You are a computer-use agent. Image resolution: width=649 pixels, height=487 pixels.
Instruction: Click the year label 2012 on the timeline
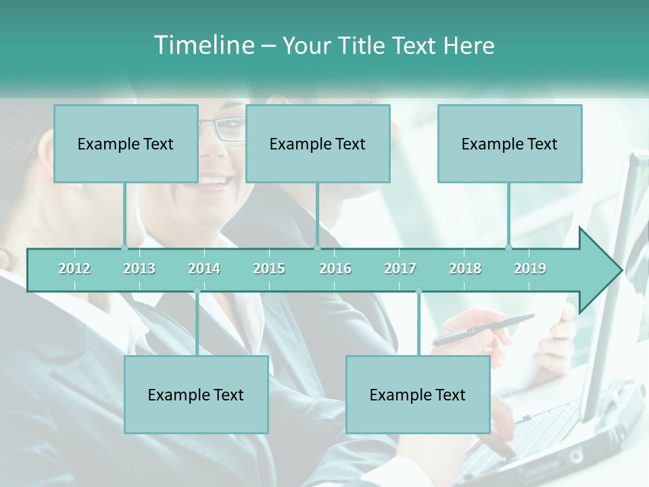[74, 269]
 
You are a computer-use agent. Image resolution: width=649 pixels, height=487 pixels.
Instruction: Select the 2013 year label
[139, 269]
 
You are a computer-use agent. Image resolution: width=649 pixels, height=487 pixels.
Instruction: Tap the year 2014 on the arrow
[204, 269]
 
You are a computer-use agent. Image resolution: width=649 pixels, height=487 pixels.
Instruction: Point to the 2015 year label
[269, 269]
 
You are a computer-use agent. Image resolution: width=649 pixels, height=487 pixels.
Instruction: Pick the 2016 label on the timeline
[335, 269]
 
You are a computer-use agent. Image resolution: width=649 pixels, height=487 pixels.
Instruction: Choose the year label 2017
[400, 269]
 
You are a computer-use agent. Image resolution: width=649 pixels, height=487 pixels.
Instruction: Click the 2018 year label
[465, 269]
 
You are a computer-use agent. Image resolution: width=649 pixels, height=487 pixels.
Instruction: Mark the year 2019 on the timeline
[530, 269]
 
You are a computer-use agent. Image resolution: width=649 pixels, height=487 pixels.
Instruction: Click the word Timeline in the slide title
[203, 45]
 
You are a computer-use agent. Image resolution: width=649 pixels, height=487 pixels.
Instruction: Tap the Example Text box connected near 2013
[126, 143]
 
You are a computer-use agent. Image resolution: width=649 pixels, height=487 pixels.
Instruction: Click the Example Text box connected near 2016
[318, 143]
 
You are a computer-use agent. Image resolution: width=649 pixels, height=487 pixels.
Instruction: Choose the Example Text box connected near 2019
[510, 143]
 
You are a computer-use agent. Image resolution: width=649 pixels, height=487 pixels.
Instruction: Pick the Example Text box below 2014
[196, 394]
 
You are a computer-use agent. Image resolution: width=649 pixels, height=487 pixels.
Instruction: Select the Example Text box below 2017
[418, 394]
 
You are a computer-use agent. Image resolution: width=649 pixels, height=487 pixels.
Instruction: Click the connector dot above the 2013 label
[125, 248]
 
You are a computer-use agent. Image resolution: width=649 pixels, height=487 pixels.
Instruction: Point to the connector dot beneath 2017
[418, 291]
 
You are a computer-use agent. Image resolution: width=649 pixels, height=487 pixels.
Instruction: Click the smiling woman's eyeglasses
[226, 129]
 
